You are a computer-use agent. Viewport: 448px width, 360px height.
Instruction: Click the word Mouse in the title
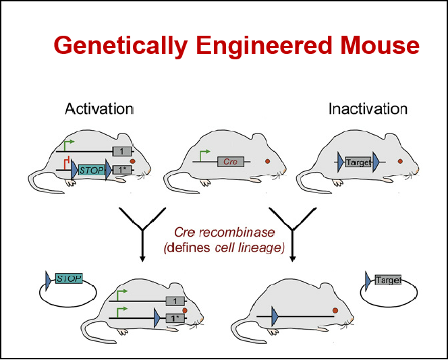[x=379, y=45]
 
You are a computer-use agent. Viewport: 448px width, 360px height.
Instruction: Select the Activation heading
[x=99, y=109]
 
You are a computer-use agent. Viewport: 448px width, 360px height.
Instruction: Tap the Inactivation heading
[x=368, y=109]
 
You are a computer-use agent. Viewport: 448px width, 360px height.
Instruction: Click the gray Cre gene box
[x=231, y=162]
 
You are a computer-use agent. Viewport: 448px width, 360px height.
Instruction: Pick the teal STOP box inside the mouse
[x=92, y=171]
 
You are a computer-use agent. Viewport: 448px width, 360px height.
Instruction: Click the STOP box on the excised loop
[x=69, y=278]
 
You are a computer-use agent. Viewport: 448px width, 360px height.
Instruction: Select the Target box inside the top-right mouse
[x=358, y=162]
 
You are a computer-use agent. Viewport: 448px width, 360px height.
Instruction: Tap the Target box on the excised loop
[x=388, y=280]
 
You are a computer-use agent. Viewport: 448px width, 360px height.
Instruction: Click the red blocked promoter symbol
[x=67, y=162]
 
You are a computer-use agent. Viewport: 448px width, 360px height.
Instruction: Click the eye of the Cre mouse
[x=267, y=161]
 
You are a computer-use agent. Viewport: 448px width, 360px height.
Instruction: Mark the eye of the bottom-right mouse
[x=335, y=310]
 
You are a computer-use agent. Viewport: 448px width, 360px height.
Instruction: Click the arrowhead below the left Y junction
[x=142, y=259]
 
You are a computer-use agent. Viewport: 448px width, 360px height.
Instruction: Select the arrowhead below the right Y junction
[x=292, y=259]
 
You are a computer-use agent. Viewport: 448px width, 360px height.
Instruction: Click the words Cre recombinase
[x=225, y=233]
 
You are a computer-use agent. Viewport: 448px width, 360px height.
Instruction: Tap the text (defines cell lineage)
[x=224, y=247]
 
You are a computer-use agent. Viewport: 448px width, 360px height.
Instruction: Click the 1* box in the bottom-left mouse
[x=175, y=318]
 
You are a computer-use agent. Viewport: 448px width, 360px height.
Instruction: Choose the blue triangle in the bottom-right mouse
[x=275, y=316]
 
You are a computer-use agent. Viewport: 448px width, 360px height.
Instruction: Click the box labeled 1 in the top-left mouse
[x=122, y=151]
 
